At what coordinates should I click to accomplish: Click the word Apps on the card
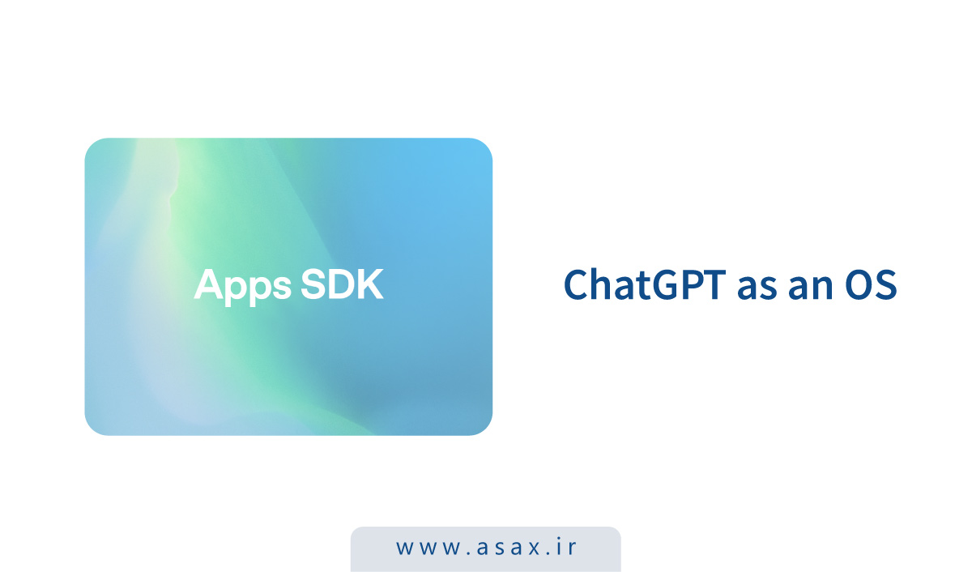(240, 286)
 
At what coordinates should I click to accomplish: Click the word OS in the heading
(872, 286)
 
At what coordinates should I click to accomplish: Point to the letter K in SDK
(369, 285)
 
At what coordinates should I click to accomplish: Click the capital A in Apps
(208, 285)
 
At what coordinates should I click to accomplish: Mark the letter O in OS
(859, 286)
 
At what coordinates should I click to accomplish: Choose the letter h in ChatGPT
(601, 285)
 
